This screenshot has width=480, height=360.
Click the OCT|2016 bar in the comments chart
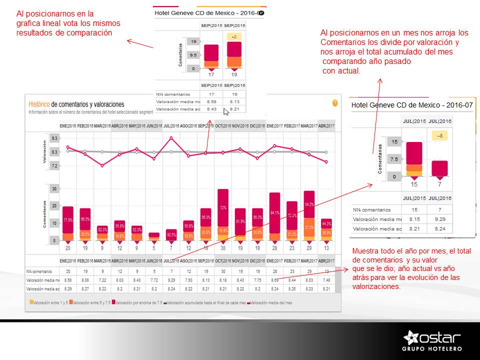[222, 215]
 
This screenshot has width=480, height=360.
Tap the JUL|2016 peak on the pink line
[171, 138]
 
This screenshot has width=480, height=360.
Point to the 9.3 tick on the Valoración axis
[54, 137]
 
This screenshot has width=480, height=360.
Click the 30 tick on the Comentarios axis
[54, 188]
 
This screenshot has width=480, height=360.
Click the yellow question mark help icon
[335, 103]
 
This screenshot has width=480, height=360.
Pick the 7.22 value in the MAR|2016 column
[102, 280]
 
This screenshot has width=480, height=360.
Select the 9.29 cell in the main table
[171, 280]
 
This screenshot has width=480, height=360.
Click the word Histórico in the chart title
[38, 104]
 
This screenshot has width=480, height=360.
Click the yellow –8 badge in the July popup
[439, 135]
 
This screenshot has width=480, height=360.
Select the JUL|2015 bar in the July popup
[414, 159]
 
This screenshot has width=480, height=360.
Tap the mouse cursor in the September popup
[226, 111]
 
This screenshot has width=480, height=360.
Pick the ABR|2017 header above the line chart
[326, 126]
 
